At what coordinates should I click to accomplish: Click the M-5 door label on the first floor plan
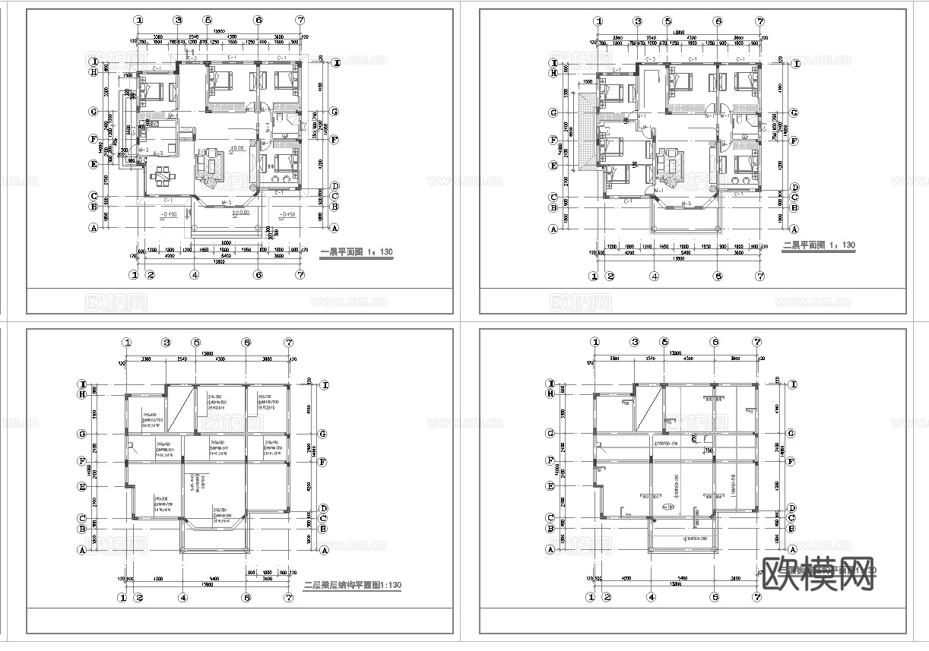coord(226,203)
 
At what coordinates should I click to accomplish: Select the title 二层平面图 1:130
coord(818,245)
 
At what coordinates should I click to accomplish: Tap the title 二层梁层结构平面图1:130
coord(352,584)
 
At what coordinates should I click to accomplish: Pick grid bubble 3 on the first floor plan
coord(177,21)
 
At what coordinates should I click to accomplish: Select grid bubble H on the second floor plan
coord(554,73)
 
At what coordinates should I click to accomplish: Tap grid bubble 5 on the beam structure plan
coord(196,343)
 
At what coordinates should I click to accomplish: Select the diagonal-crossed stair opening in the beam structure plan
coord(179,409)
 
